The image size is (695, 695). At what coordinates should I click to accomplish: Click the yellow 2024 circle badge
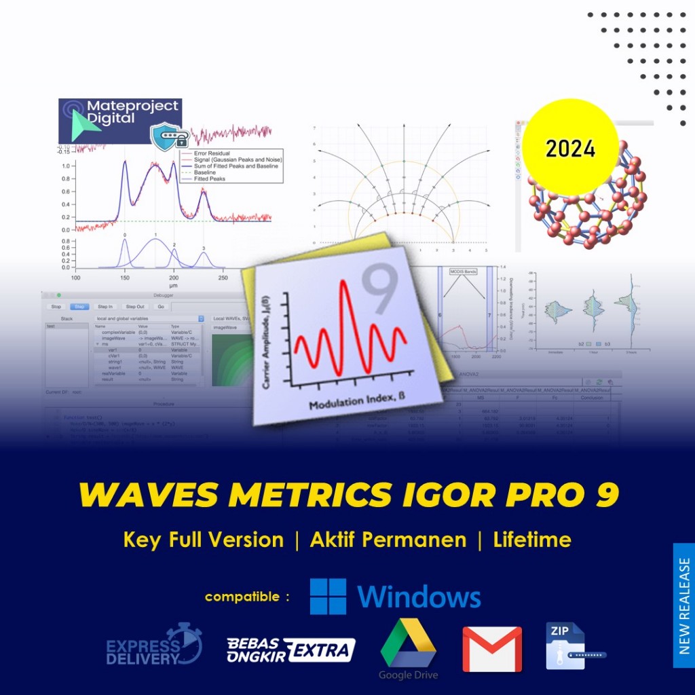tap(570, 147)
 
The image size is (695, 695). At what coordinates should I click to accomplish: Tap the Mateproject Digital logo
tap(119, 113)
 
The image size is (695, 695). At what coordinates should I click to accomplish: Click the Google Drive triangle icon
tap(408, 643)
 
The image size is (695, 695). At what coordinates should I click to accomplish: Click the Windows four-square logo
tap(328, 597)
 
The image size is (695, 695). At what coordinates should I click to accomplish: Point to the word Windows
tap(419, 597)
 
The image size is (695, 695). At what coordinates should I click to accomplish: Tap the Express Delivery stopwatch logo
tap(155, 644)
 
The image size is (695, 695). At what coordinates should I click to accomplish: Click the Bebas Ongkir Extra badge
tap(290, 650)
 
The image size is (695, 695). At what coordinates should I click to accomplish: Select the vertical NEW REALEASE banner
tap(683, 605)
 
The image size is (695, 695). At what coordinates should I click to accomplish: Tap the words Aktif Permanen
tap(388, 540)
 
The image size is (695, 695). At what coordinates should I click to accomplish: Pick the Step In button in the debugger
tap(105, 306)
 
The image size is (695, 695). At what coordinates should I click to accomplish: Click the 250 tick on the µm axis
tap(223, 278)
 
